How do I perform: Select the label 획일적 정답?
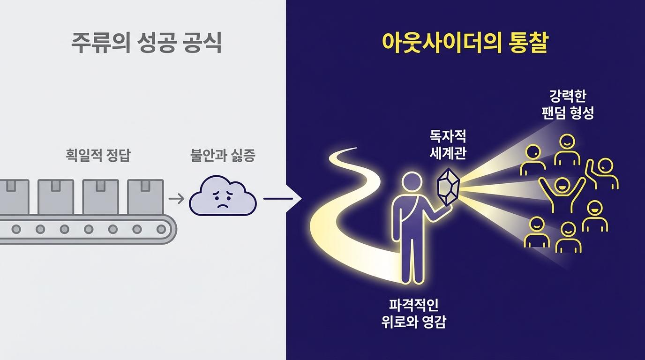click(x=98, y=156)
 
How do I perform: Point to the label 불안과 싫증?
click(x=223, y=156)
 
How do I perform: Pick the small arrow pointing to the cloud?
click(x=176, y=199)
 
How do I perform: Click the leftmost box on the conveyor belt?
click(x=12, y=196)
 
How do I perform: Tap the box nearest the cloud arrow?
click(x=145, y=196)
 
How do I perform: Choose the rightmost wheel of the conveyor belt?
click(x=161, y=230)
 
